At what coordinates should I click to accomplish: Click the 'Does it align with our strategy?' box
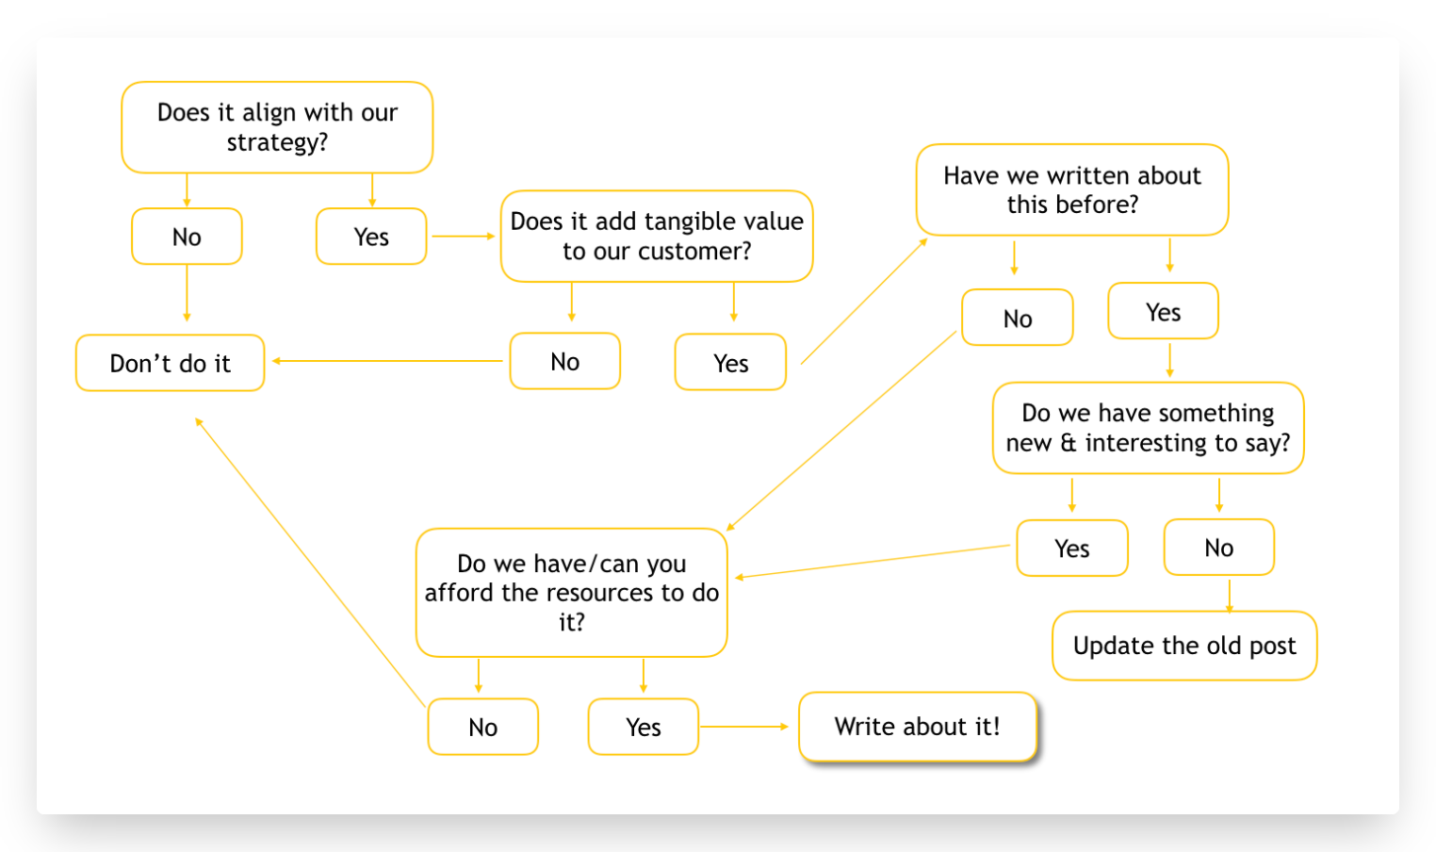277,127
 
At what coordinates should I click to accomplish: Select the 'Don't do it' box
170,363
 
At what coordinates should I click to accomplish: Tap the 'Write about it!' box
918,727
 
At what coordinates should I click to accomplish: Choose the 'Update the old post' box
1184,646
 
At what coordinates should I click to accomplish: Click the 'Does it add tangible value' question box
657,236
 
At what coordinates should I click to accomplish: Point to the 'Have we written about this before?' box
1072,189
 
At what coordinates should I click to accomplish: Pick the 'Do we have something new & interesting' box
1148,428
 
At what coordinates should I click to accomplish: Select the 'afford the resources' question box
571,593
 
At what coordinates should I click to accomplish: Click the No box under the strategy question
187,237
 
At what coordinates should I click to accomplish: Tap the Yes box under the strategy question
371,237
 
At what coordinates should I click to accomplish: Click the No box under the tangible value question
564,362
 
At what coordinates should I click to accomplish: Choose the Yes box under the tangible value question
730,362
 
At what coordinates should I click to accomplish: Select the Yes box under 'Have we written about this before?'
1163,312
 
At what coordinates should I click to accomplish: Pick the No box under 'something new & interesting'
1218,548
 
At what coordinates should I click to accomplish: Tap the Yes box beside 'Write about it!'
643,727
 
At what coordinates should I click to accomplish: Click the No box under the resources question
482,727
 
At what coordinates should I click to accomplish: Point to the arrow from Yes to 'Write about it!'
743,727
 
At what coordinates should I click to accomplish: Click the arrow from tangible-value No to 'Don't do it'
387,361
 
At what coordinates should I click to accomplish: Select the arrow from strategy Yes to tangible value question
464,236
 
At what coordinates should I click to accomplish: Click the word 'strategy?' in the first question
277,141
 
